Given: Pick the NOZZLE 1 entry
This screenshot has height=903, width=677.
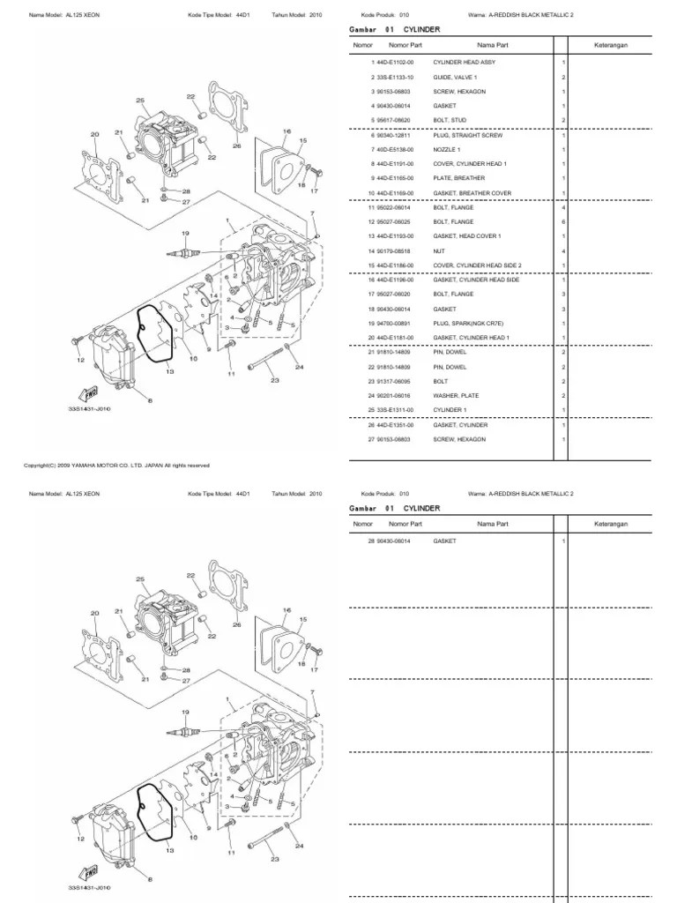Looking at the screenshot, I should click(x=445, y=150).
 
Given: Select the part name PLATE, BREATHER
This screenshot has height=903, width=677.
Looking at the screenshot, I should click(x=458, y=178).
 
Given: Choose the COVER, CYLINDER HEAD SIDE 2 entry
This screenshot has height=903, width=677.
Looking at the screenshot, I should click(x=477, y=265).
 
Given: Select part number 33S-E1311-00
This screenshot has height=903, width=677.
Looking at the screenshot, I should click(x=397, y=411).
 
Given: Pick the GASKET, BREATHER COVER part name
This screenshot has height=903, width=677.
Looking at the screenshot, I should click(x=472, y=193).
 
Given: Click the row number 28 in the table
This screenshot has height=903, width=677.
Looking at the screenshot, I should click(x=372, y=540).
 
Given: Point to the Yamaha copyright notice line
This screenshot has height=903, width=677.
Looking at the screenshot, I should click(x=116, y=465).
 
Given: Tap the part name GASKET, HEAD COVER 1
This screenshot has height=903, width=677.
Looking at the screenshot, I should click(x=466, y=236).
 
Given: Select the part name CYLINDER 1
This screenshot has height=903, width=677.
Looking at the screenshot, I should click(x=448, y=411).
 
